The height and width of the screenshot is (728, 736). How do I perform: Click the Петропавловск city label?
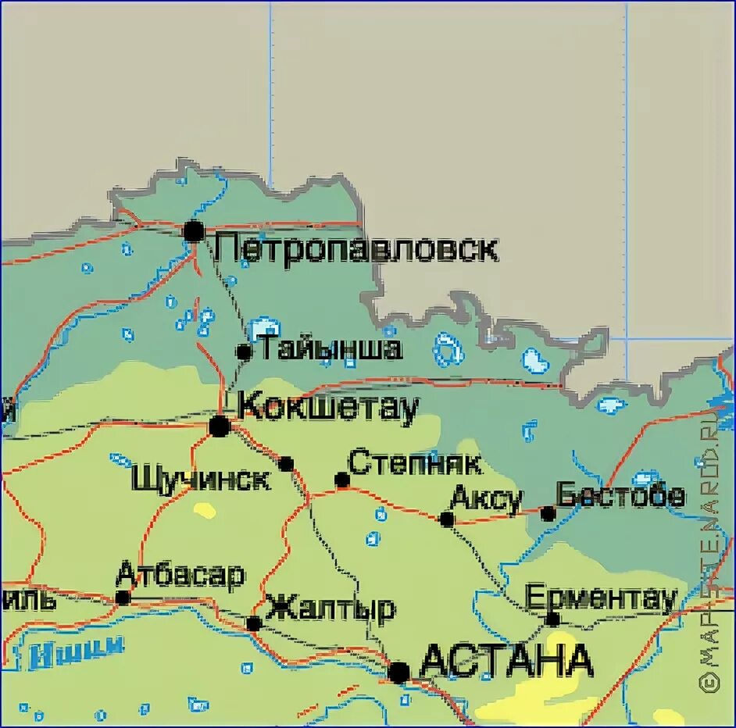(x=357, y=249)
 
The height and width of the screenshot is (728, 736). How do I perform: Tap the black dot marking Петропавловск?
(x=194, y=230)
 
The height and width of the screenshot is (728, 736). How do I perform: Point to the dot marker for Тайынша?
(x=244, y=352)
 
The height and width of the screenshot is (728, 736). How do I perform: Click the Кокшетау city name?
(x=328, y=407)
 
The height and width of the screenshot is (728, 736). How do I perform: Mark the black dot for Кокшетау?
(x=220, y=426)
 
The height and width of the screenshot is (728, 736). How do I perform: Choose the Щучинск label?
(x=202, y=477)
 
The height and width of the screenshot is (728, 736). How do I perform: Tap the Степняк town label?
(x=414, y=462)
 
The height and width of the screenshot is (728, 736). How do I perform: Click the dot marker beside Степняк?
(x=341, y=480)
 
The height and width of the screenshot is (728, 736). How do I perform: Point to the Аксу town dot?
(x=447, y=519)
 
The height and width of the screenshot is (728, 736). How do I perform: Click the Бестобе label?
(x=620, y=495)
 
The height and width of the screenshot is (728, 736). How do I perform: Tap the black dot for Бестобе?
(x=548, y=513)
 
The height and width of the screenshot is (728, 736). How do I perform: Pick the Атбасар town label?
(x=180, y=575)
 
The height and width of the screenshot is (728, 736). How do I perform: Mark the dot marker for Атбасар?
(x=123, y=598)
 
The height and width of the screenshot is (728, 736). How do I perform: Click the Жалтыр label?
(x=330, y=608)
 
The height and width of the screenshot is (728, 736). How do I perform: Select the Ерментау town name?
(x=601, y=598)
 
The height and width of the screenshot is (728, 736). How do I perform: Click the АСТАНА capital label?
(x=506, y=662)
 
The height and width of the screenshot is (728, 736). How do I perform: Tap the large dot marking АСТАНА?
(x=399, y=672)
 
